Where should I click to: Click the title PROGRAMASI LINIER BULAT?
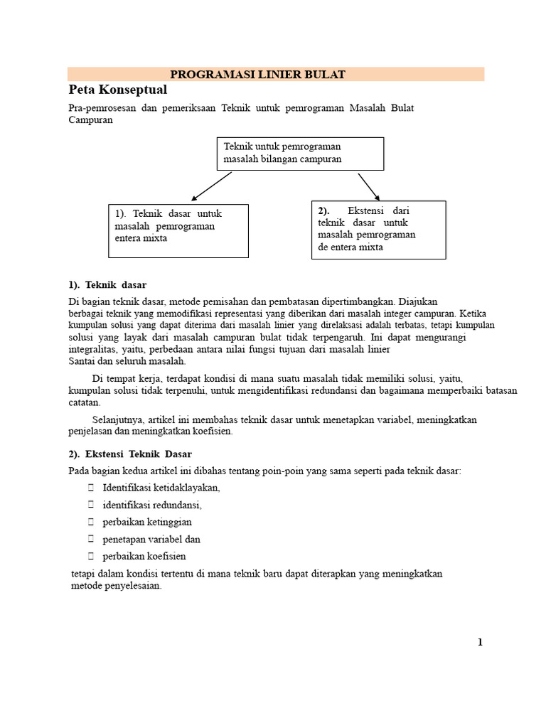click(x=258, y=75)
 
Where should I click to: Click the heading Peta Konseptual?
click(x=117, y=90)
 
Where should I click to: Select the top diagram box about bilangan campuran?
click(x=300, y=153)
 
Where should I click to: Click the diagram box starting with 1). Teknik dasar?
click(x=178, y=230)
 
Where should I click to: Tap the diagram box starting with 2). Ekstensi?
click(x=378, y=229)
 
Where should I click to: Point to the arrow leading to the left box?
click(x=211, y=186)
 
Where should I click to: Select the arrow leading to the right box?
click(x=369, y=186)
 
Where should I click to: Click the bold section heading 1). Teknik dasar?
click(x=107, y=285)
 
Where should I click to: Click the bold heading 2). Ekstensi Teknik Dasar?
click(x=130, y=454)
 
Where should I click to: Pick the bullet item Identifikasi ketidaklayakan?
click(x=161, y=488)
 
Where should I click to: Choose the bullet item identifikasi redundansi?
click(x=152, y=505)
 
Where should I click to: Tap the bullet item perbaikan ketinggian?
click(x=147, y=522)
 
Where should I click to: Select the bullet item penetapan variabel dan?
click(x=151, y=539)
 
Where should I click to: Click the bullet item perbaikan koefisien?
click(x=144, y=556)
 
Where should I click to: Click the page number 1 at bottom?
click(x=480, y=642)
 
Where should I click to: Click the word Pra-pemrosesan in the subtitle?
click(x=101, y=108)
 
